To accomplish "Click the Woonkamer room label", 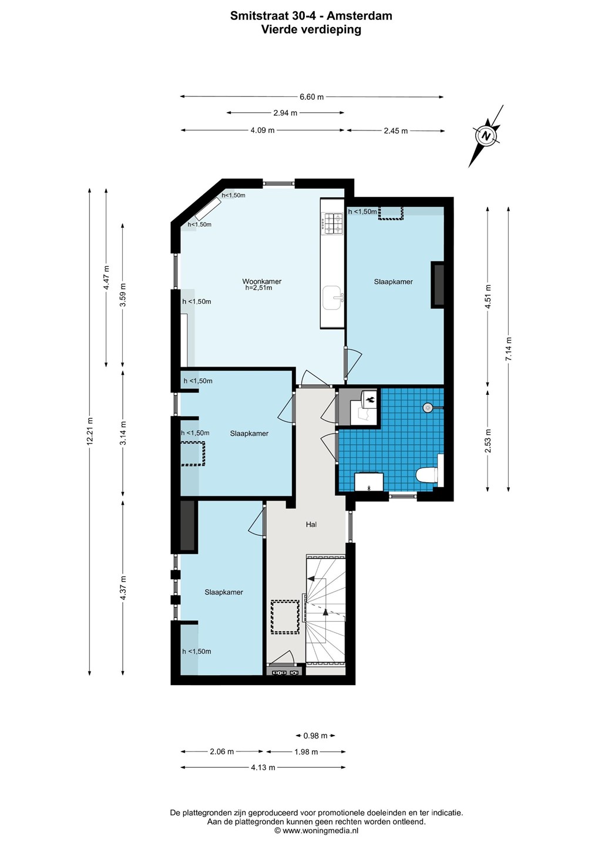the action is click(261, 281).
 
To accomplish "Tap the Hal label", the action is click(311, 524).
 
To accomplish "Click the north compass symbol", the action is click(486, 136).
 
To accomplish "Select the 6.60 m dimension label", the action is click(311, 97).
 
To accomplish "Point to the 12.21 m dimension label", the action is click(89, 431).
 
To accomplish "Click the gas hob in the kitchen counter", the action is click(331, 223).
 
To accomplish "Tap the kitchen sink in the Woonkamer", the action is click(333, 298).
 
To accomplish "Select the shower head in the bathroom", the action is click(428, 408).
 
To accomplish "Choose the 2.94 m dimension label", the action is click(285, 113).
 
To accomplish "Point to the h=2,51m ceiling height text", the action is click(258, 288).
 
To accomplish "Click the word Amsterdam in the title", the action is click(360, 16).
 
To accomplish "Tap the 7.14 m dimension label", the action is click(508, 348).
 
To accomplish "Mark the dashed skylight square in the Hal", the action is click(285, 617).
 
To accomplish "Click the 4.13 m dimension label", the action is click(263, 767).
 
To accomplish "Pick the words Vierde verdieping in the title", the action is click(311, 29).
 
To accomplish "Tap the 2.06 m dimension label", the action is click(221, 751).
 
